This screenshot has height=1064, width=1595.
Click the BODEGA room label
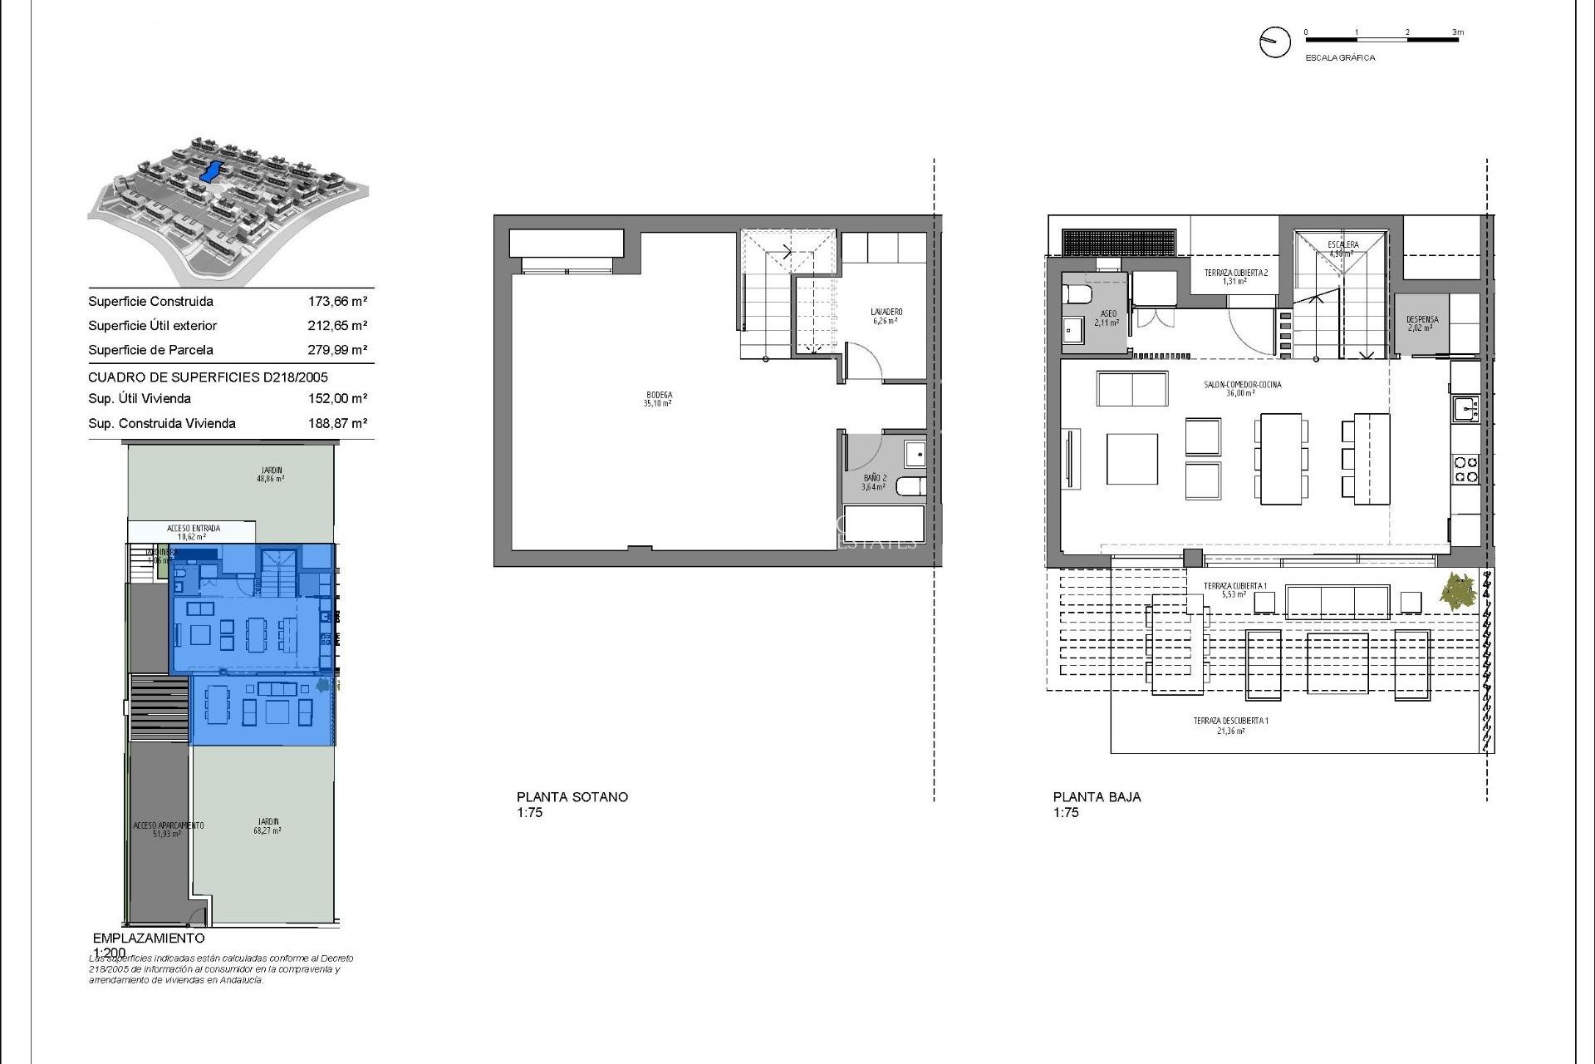point(657,399)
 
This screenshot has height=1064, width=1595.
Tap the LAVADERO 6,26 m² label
point(886,316)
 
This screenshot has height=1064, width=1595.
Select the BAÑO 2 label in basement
point(874,482)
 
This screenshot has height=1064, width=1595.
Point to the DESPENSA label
point(1421,323)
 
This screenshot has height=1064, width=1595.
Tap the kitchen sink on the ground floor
point(1464,408)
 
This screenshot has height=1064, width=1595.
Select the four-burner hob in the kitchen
point(1465,470)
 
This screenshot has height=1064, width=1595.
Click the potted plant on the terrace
point(1458,593)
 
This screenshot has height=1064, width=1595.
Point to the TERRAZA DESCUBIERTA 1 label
point(1230,725)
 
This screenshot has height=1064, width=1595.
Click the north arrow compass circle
point(1274,42)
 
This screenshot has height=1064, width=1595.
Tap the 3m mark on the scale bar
point(1457,32)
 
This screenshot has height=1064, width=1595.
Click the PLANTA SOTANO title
point(572,796)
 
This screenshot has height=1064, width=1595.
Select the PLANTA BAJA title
point(1097,796)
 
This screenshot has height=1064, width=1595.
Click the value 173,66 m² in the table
point(337,302)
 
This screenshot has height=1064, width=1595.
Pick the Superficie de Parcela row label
point(150,350)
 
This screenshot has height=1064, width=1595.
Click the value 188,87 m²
point(337,423)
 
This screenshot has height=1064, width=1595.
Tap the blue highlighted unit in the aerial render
point(210,172)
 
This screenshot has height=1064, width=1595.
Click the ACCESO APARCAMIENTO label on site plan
point(168,829)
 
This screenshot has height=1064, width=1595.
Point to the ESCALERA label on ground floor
point(1342,249)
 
